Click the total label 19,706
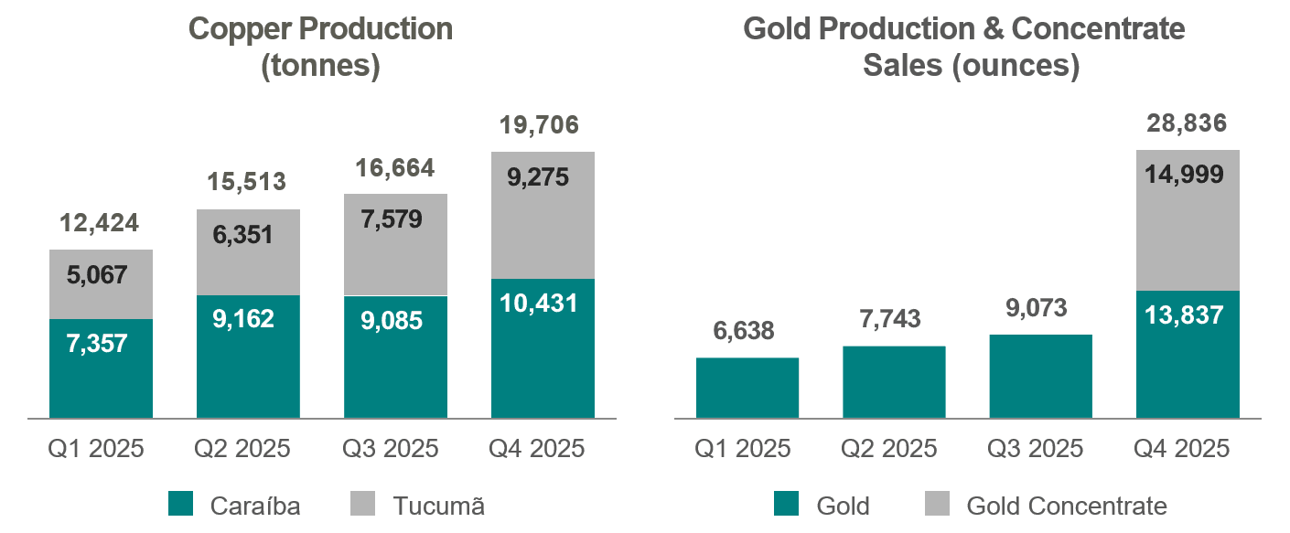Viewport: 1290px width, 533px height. point(543,125)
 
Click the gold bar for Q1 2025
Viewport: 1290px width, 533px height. point(747,388)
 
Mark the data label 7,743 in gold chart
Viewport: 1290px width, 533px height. point(894,319)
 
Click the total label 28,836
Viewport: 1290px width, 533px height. point(1188,124)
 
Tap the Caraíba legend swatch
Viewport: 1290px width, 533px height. point(181,505)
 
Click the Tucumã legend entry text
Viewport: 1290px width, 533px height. point(438,506)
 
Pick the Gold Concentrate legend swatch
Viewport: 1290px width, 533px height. point(939,505)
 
